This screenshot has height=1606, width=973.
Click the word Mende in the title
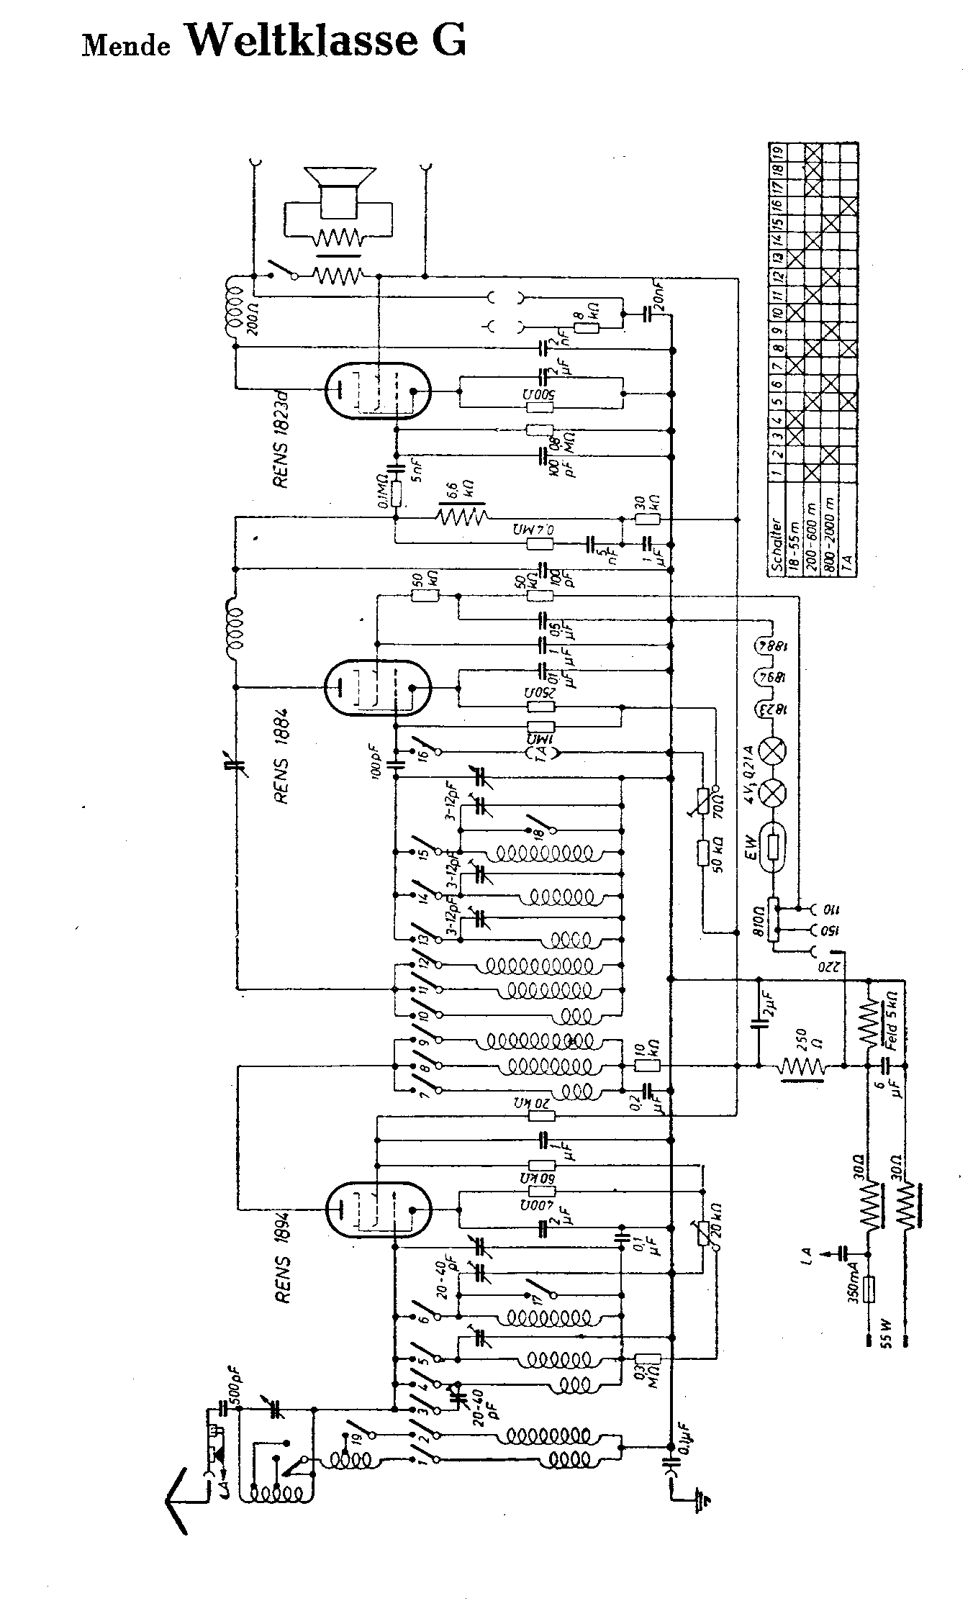click(127, 46)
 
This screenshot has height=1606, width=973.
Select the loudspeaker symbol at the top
click(339, 193)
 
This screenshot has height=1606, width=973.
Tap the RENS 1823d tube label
click(281, 445)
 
